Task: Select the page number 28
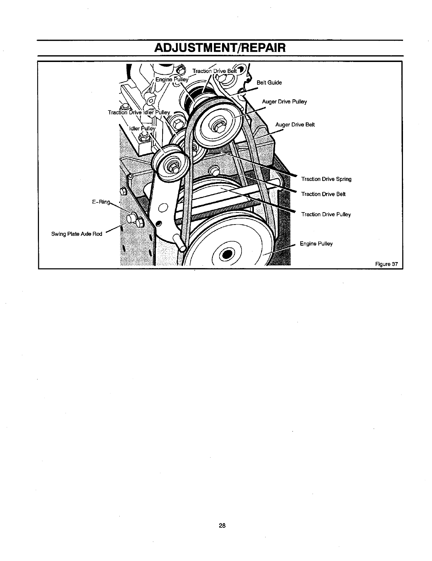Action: pos(222,525)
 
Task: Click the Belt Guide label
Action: pos(269,83)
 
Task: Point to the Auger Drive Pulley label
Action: pos(284,102)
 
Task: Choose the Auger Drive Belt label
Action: pos(295,125)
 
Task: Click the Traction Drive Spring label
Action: pos(326,179)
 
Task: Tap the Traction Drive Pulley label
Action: pos(326,214)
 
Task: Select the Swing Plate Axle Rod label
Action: pos(76,234)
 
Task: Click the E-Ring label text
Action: pos(101,202)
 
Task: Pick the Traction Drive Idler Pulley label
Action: pos(139,112)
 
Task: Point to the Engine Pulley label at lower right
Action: pos(316,244)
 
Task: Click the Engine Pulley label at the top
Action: pos(172,79)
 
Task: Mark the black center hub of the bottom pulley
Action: pos(227,255)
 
